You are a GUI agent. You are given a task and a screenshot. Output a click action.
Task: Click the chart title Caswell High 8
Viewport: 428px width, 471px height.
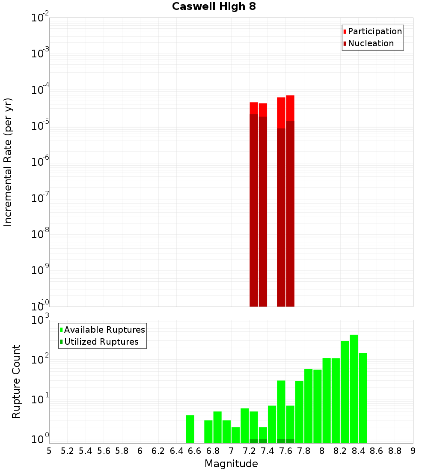[x=214, y=7]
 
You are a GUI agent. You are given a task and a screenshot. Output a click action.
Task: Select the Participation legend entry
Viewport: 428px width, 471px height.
[x=374, y=32]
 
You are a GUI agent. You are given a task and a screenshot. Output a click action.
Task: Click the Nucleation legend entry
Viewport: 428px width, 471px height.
[x=370, y=44]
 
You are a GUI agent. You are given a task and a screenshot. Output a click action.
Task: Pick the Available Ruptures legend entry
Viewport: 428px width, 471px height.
[x=104, y=330]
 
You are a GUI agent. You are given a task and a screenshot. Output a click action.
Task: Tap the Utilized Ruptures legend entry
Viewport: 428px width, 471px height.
[x=101, y=342]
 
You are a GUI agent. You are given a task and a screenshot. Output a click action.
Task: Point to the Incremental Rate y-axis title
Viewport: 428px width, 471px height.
[x=8, y=162]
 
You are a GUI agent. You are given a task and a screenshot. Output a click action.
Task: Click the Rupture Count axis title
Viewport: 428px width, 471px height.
[x=16, y=382]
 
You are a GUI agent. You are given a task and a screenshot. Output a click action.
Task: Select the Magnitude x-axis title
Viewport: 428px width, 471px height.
[x=231, y=464]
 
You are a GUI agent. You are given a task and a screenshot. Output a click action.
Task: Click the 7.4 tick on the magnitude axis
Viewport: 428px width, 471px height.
[x=267, y=451]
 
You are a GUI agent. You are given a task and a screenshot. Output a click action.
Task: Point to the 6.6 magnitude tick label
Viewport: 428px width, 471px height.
[x=195, y=451]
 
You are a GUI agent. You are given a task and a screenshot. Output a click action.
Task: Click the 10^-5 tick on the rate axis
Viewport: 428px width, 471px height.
[x=40, y=126]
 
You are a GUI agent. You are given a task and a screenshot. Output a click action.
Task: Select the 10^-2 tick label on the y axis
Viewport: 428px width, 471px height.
[x=40, y=18]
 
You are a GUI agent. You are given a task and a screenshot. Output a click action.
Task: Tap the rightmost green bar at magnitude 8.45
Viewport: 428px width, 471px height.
[x=363, y=398]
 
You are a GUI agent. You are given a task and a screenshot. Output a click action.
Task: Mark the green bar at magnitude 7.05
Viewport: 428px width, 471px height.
[x=236, y=435]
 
